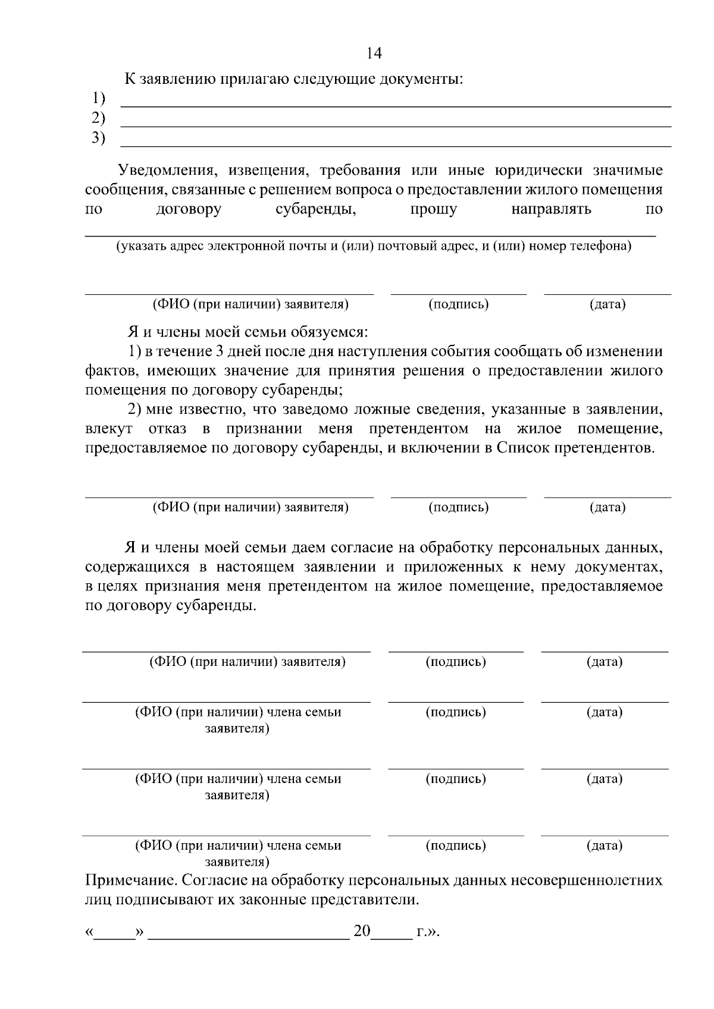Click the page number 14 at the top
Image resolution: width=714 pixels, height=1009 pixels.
tap(374, 54)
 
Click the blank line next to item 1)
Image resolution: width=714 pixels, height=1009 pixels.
tap(396, 105)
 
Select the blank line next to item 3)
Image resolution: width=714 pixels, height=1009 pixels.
tap(396, 145)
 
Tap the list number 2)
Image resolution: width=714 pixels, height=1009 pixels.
tap(98, 118)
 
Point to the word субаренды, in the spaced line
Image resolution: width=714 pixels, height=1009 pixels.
tap(315, 209)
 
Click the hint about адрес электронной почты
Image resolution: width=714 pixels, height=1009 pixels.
tap(373, 246)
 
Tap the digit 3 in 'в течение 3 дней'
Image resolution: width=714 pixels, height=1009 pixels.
tap(220, 351)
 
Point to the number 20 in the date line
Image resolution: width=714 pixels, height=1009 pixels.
tap(362, 931)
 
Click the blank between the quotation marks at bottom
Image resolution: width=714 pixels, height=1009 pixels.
tap(114, 932)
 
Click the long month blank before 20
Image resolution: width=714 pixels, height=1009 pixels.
tap(248, 932)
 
